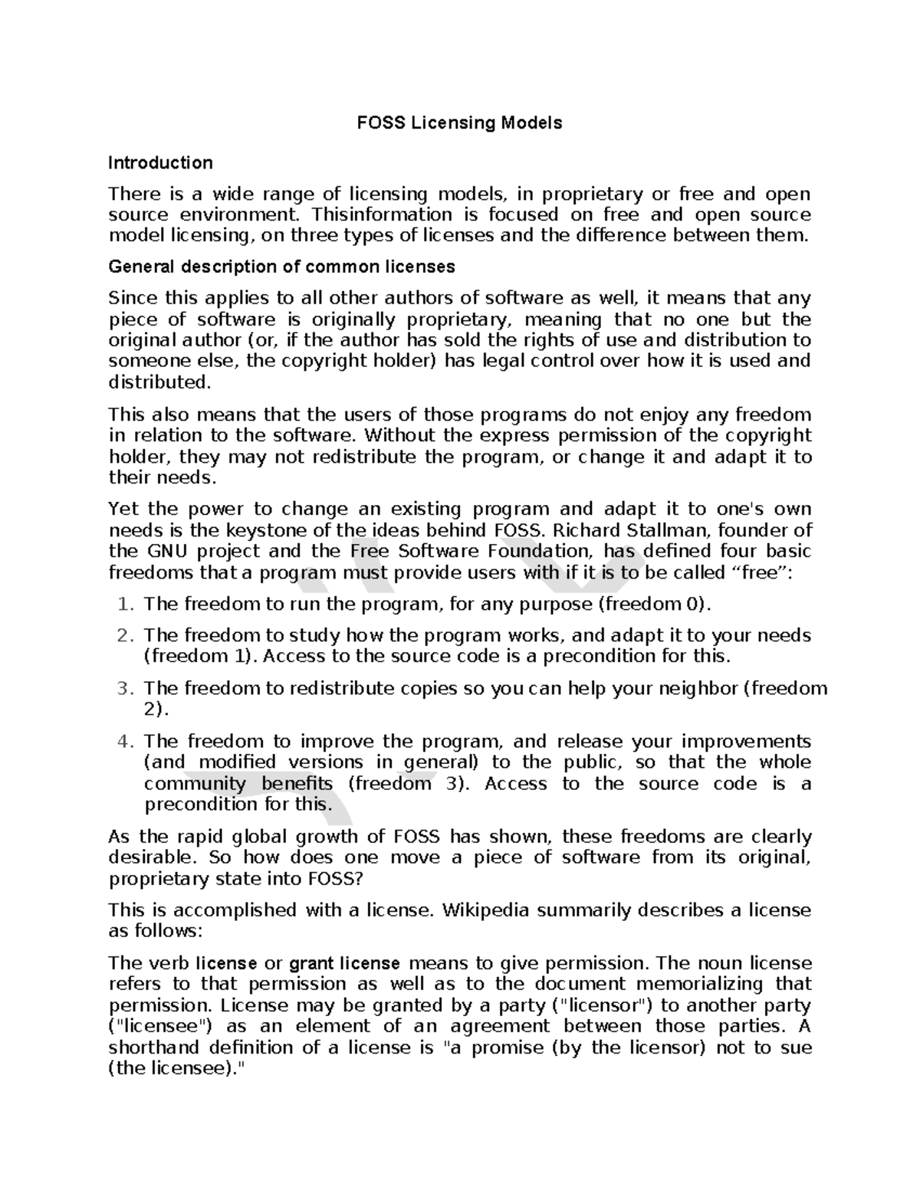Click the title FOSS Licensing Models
tap(460, 123)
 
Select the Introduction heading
tap(160, 162)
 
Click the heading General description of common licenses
tap(281, 267)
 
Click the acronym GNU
tap(164, 552)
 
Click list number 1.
tap(126, 604)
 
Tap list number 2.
tap(126, 635)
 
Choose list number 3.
tap(126, 688)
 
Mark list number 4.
tap(126, 741)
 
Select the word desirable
tap(151, 857)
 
